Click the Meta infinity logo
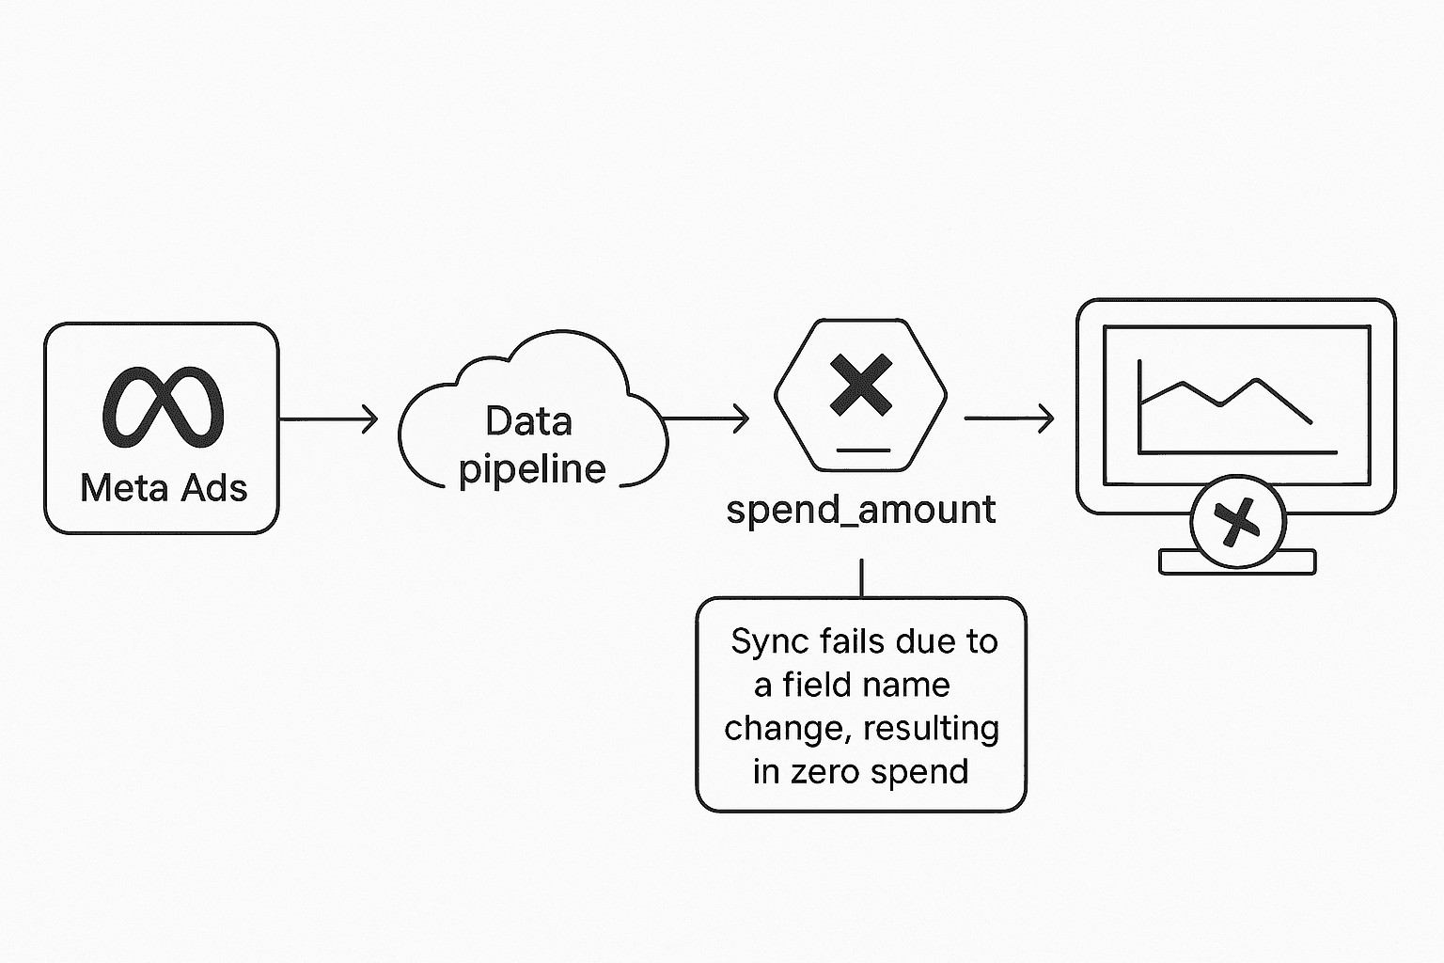coord(163,406)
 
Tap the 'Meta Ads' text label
coord(164,488)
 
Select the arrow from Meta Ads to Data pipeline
coord(329,418)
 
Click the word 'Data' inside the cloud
coord(528,421)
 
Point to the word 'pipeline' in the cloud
coord(532,469)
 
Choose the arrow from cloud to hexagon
coord(705,418)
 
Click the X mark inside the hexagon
coord(861,385)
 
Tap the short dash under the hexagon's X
coord(862,450)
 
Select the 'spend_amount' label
coord(861,510)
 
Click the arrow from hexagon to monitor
coord(1009,418)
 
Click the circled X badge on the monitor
coord(1237,521)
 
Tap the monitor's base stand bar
coord(1175,562)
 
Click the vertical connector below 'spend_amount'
coord(861,577)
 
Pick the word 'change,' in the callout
coord(788,728)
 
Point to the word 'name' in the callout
coord(908,685)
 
